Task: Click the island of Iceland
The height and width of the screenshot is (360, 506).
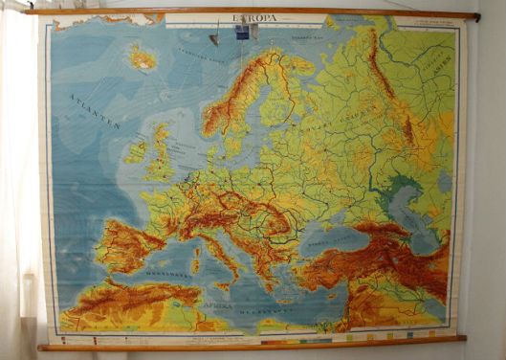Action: (x=143, y=59)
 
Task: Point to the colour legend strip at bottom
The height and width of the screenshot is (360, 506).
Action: (x=316, y=336)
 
